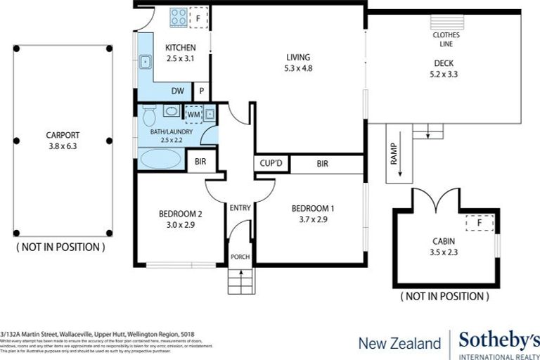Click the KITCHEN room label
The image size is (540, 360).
click(x=180, y=48)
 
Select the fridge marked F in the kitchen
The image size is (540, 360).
click(x=199, y=17)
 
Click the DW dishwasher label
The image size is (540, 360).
click(x=179, y=91)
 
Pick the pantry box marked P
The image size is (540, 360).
click(x=201, y=91)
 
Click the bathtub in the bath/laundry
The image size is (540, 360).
click(x=161, y=159)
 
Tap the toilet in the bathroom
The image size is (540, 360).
click(x=148, y=115)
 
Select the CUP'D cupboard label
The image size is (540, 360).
click(x=271, y=164)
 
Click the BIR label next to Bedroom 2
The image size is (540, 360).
click(x=201, y=161)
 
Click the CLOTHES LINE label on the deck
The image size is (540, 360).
click(x=446, y=39)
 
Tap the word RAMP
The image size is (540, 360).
click(x=392, y=155)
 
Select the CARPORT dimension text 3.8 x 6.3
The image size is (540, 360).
click(x=63, y=147)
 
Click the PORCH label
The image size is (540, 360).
click(x=240, y=257)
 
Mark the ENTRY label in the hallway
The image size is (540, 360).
click(x=240, y=207)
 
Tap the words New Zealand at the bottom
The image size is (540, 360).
click(x=399, y=343)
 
